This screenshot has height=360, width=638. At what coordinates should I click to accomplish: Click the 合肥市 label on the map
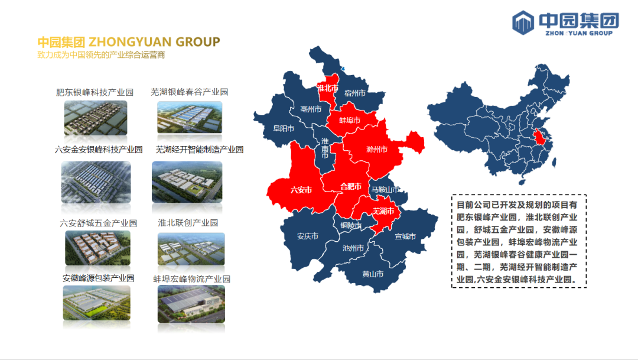pyautogui.click(x=351, y=187)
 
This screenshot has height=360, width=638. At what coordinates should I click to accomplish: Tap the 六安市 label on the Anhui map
pyautogui.click(x=301, y=190)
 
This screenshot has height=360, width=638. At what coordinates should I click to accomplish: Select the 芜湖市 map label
pyautogui.click(x=383, y=211)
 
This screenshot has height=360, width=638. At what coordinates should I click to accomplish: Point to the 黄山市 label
pyautogui.click(x=373, y=274)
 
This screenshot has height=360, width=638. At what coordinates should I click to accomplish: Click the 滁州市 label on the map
pyautogui.click(x=377, y=150)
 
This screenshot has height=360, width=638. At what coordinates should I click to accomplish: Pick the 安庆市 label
pyautogui.click(x=308, y=236)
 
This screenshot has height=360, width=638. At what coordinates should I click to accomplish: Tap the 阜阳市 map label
pyautogui.click(x=284, y=129)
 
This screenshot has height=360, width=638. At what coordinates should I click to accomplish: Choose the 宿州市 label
pyautogui.click(x=355, y=93)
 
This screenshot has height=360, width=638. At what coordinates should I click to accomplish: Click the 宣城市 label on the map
pyautogui.click(x=405, y=236)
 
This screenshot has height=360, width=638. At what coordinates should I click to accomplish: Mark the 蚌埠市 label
pyautogui.click(x=350, y=121)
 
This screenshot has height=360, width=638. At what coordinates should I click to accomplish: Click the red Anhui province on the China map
pyautogui.click(x=539, y=137)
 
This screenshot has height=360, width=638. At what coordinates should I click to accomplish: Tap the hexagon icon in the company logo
pyautogui.click(x=523, y=22)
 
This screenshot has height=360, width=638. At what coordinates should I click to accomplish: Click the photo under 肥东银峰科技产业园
pyautogui.click(x=96, y=118)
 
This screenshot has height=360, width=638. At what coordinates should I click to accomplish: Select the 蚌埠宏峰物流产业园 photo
pyautogui.click(x=191, y=304)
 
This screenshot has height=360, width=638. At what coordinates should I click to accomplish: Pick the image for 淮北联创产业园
pyautogui.click(x=191, y=249)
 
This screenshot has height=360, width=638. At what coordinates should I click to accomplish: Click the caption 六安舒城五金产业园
pyautogui.click(x=99, y=223)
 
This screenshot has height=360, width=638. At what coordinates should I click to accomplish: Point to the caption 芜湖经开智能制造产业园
pyautogui.click(x=200, y=150)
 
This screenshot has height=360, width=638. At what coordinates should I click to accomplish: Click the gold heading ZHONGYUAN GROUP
pyautogui.click(x=154, y=42)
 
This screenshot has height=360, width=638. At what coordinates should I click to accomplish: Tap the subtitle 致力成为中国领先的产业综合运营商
pyautogui.click(x=101, y=55)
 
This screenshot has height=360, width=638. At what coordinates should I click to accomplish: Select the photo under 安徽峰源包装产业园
pyautogui.click(x=97, y=303)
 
